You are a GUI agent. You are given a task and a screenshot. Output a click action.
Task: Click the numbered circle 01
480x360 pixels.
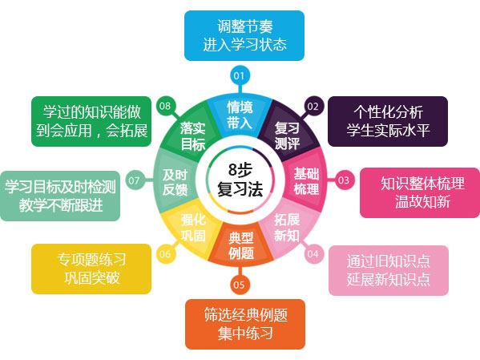pyautogui.click(x=240, y=75)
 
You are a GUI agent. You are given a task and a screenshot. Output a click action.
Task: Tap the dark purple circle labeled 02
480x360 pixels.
pyautogui.click(x=313, y=106)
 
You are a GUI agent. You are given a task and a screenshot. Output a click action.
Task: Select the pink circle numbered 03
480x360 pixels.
pyautogui.click(x=344, y=180)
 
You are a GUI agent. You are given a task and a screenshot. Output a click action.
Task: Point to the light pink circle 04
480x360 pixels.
pyautogui.click(x=313, y=253)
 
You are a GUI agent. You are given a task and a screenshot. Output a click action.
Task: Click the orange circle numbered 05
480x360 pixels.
pyautogui.click(x=240, y=285)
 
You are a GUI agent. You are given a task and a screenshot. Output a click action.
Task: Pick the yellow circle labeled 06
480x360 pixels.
pyautogui.click(x=166, y=253)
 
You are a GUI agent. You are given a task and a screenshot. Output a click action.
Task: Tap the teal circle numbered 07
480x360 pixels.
pyautogui.click(x=135, y=180)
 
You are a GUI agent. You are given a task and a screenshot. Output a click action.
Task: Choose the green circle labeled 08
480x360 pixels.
pyautogui.click(x=166, y=106)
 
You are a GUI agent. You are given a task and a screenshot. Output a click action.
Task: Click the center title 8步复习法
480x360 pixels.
pyautogui.click(x=240, y=180)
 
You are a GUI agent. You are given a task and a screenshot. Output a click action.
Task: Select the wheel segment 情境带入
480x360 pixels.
pyautogui.click(x=240, y=115)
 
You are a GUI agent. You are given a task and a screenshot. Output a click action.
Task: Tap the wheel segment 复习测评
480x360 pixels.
pyautogui.click(x=287, y=136)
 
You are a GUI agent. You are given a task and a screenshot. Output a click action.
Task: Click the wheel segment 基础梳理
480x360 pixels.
pyautogui.click(x=306, y=180)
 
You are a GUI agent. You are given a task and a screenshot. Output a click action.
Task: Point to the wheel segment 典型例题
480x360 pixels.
pyautogui.click(x=241, y=245)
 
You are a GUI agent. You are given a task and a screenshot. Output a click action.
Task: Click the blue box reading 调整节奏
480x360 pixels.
pyautogui.click(x=244, y=35)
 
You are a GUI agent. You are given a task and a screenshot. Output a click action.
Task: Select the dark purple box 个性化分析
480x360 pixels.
pyautogui.click(x=388, y=121)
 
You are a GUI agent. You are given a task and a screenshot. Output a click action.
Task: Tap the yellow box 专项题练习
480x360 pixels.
pyautogui.click(x=91, y=269)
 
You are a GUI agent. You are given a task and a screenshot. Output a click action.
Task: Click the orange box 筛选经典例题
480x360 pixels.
pyautogui.click(x=245, y=324)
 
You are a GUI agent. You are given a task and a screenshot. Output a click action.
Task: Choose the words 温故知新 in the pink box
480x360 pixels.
pyautogui.click(x=422, y=202)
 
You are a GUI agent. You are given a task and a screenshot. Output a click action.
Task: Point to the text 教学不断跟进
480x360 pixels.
pyautogui.click(x=61, y=205)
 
